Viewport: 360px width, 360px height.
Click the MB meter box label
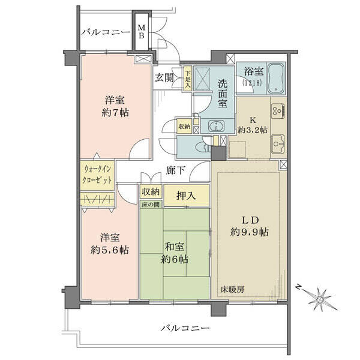click(142, 32)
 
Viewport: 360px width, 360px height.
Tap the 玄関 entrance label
click(164, 78)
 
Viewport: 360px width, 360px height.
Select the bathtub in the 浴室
click(276, 78)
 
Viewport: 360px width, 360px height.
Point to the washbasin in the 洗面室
click(216, 126)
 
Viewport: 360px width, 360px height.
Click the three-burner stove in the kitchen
click(278, 111)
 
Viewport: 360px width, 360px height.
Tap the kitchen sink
click(278, 144)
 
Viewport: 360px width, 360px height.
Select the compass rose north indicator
click(319, 298)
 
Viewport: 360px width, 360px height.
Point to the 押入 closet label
click(186, 196)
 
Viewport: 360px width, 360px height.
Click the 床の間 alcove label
click(151, 204)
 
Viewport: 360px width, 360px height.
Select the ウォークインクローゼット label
click(98, 175)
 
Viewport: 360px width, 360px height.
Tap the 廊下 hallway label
click(175, 170)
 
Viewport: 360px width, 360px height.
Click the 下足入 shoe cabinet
click(188, 79)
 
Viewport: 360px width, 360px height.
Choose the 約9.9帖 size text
click(250, 232)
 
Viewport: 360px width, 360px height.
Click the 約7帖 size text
click(115, 113)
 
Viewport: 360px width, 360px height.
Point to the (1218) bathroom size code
click(252, 82)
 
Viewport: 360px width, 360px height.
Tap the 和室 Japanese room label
click(175, 247)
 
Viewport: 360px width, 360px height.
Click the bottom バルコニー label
click(185, 328)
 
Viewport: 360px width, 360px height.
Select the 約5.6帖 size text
click(110, 250)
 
